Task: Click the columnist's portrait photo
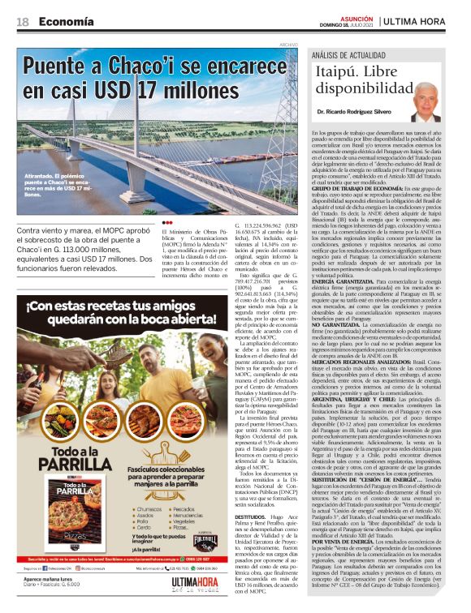(424, 100)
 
